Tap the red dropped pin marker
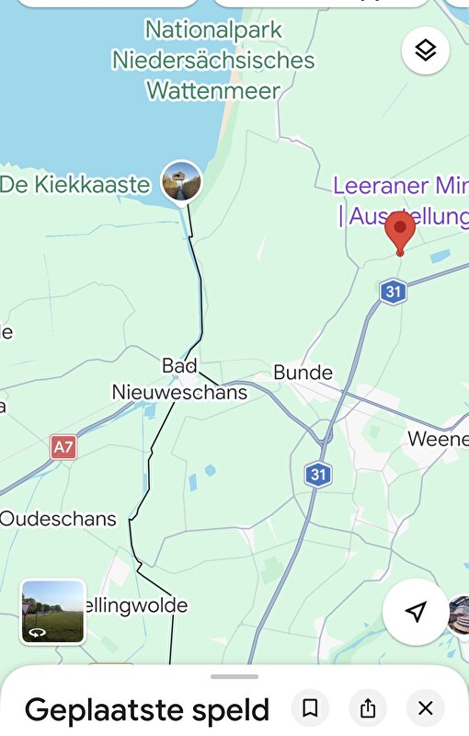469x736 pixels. pyautogui.click(x=400, y=231)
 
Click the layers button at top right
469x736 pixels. pyautogui.click(x=426, y=51)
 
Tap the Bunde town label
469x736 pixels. pyautogui.click(x=303, y=374)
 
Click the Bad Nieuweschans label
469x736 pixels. pyautogui.click(x=179, y=379)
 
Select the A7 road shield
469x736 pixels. pyautogui.click(x=63, y=448)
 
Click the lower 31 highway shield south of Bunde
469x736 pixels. pyautogui.click(x=318, y=475)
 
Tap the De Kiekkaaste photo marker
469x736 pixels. pyautogui.click(x=181, y=180)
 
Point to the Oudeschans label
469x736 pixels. pyautogui.click(x=58, y=519)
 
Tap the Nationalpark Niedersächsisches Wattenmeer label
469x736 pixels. pyautogui.click(x=213, y=61)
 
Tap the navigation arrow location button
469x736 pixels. pyautogui.click(x=416, y=613)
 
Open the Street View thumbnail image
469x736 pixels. pyautogui.click(x=53, y=611)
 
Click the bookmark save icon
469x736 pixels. pyautogui.click(x=311, y=708)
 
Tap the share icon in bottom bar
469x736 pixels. pyautogui.click(x=368, y=708)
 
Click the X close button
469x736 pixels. pyautogui.click(x=425, y=708)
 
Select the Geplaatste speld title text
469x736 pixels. pyautogui.click(x=147, y=710)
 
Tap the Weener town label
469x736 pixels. pyautogui.click(x=438, y=440)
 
